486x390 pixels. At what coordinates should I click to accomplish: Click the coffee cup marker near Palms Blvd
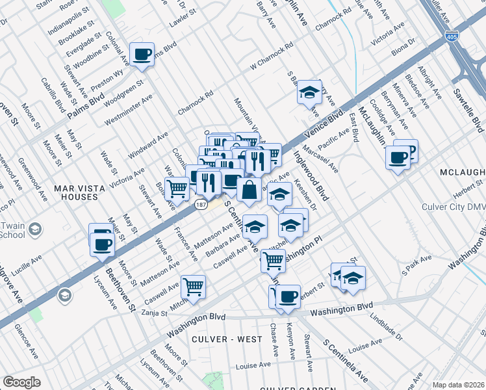[142, 55]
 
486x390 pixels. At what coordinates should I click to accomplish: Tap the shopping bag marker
[249, 190]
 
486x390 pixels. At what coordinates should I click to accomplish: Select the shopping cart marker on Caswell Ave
[194, 286]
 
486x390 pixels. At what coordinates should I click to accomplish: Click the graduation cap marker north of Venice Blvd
[310, 92]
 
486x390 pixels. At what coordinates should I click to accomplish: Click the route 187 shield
[200, 204]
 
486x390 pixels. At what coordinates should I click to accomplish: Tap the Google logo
[21, 382]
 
